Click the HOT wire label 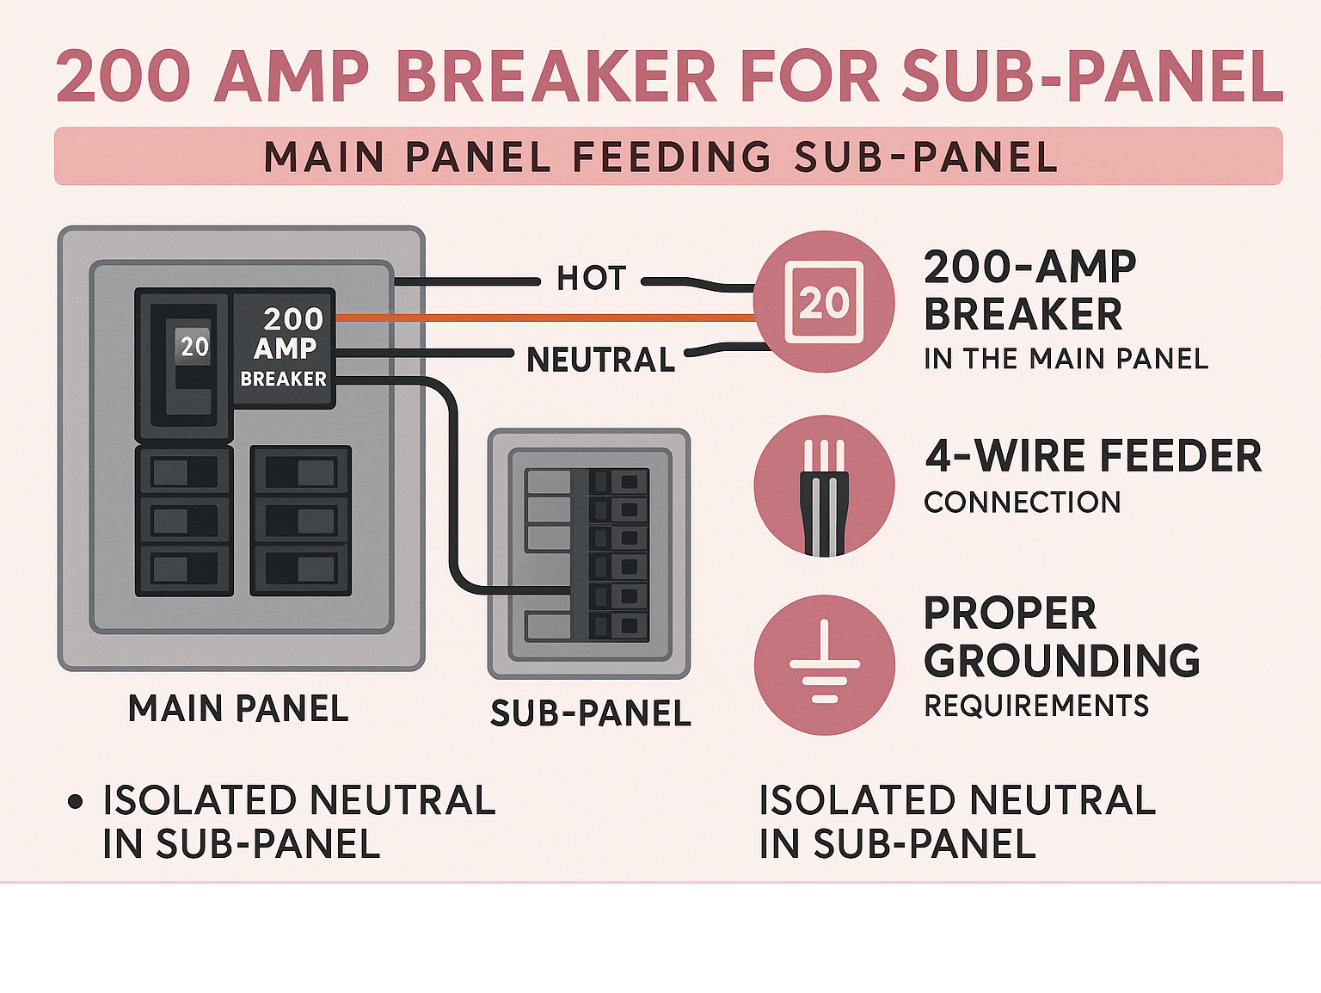[x=591, y=279]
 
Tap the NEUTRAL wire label [x=600, y=360]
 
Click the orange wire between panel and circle [x=542, y=318]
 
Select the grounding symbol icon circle [x=824, y=664]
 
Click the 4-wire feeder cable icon [x=824, y=486]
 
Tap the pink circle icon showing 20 [x=824, y=302]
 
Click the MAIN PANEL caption [x=238, y=709]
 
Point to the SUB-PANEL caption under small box [x=590, y=713]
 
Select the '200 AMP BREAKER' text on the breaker [x=286, y=348]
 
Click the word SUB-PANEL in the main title [x=1092, y=77]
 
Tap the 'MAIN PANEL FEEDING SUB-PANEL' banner [x=660, y=157]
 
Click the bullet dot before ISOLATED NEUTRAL [x=75, y=802]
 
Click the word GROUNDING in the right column [x=1061, y=661]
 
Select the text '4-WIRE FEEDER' [x=1092, y=456]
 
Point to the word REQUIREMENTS [x=1035, y=706]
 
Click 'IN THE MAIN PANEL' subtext [x=1066, y=359]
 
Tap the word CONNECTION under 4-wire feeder [x=1022, y=503]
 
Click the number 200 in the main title [x=123, y=77]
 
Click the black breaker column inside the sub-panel [x=617, y=555]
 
